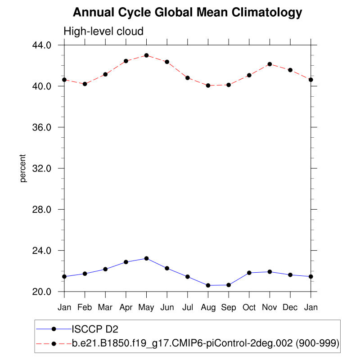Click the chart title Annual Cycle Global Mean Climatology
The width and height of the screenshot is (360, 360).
point(187,13)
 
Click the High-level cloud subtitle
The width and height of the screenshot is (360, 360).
point(103,31)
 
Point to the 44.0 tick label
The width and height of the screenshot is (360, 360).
point(43,45)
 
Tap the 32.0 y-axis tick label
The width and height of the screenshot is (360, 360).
point(43,168)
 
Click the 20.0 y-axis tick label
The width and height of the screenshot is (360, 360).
point(43,292)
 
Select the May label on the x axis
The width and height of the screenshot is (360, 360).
point(146,307)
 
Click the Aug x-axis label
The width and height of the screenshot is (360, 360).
point(208,307)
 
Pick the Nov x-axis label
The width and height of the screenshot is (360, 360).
point(270,307)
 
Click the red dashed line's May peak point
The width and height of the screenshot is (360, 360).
point(146,55)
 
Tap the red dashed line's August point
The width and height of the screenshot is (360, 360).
point(208,85)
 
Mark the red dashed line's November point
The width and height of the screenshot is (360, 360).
point(270,64)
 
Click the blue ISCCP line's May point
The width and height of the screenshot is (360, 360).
point(146,258)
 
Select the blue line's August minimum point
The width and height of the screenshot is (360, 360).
point(208,285)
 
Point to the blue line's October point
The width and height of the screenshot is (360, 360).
point(249,273)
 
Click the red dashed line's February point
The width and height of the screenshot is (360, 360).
point(85,84)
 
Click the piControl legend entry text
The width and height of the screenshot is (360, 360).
point(205,344)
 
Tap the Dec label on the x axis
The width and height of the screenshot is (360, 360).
point(290,307)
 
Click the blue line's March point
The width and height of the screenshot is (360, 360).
point(105,269)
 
